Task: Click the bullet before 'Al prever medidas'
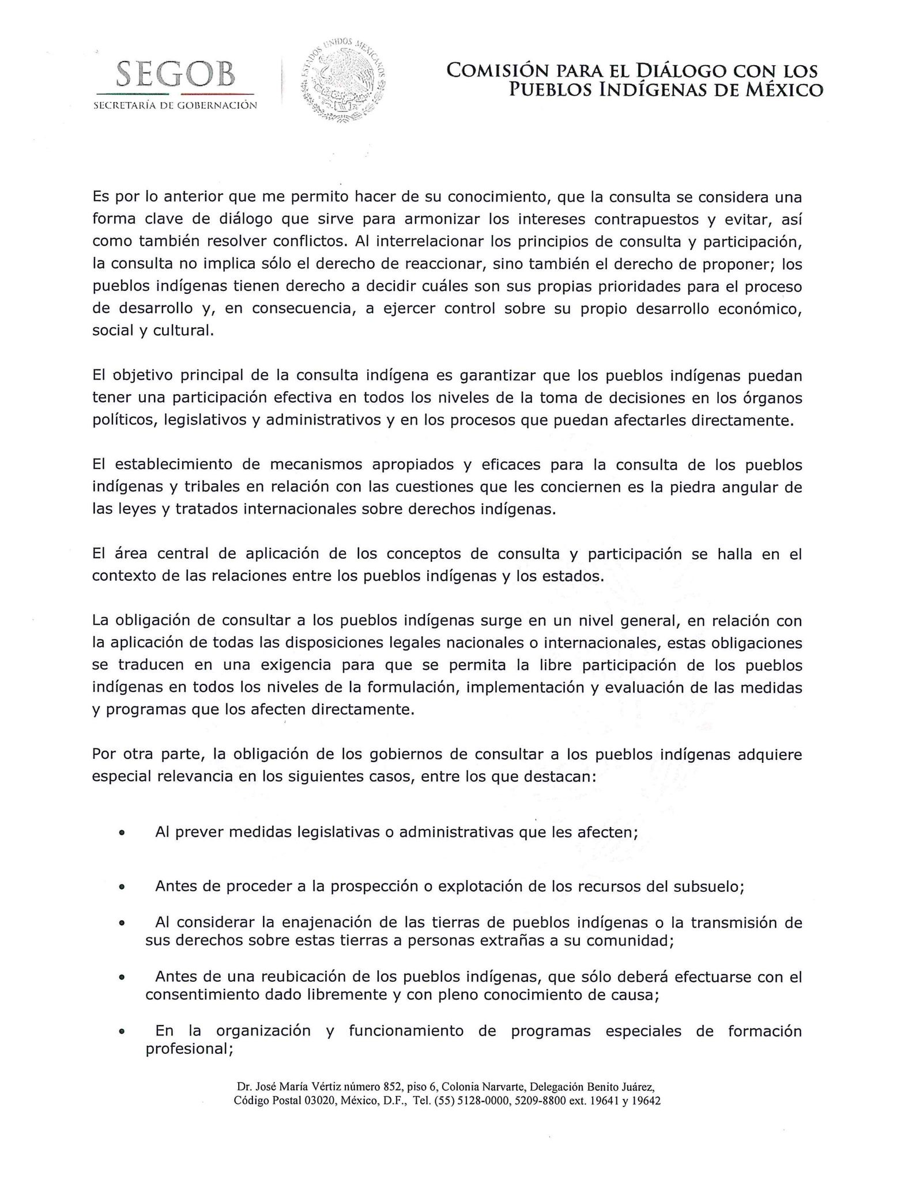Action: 122,833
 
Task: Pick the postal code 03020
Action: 321,1101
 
